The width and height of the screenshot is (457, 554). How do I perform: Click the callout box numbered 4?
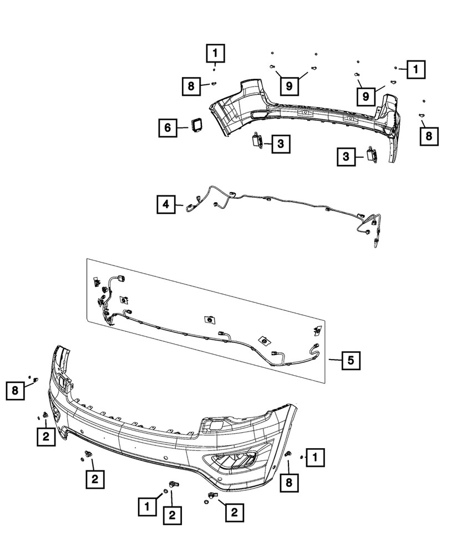point(165,204)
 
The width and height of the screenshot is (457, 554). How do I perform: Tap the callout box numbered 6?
point(166,127)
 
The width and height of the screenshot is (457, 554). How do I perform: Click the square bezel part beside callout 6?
point(196,125)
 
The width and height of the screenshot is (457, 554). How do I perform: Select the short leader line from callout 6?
point(182,127)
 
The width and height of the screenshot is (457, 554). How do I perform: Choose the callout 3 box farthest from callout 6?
point(345,157)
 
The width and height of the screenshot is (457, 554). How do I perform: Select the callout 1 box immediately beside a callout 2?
point(147,505)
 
